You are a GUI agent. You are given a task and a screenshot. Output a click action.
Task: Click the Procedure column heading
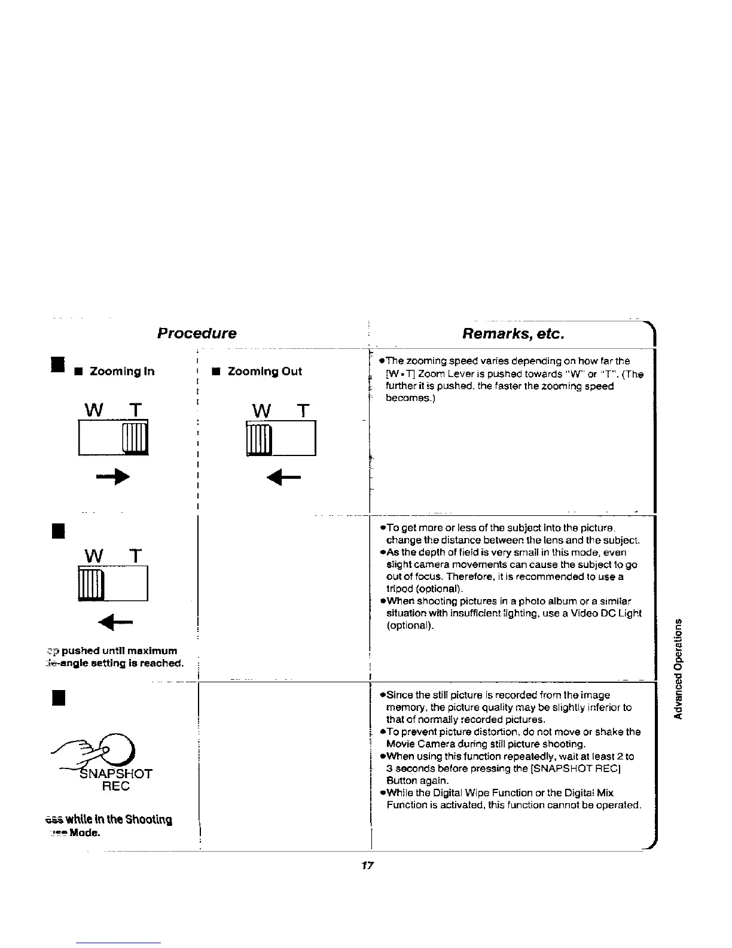[x=197, y=333]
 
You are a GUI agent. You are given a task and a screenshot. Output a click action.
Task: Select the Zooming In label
[x=121, y=372]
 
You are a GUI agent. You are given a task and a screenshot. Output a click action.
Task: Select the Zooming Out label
[x=265, y=372]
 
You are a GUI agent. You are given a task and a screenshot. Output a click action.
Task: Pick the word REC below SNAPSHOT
[x=116, y=786]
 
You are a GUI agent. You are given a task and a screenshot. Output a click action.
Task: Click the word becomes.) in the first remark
[x=409, y=398]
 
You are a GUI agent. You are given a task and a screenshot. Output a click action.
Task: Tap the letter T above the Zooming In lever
[x=136, y=411]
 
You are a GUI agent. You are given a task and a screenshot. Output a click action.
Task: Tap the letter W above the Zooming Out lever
[x=261, y=411]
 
